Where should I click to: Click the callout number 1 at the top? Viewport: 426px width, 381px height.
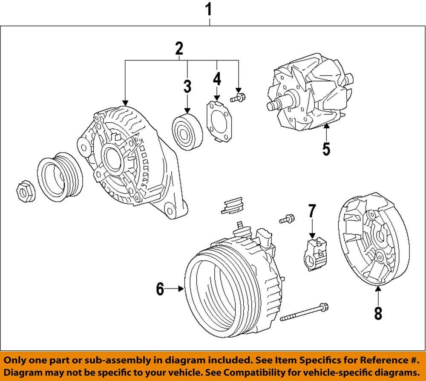209,8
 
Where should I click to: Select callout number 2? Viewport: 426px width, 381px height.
179,49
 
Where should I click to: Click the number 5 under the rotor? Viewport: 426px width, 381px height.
326,149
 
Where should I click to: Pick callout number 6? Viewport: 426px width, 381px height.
160,289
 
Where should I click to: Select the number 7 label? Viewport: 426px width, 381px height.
312,210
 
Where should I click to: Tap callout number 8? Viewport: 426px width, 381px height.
378,313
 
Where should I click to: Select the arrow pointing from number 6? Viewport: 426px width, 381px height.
175,289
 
